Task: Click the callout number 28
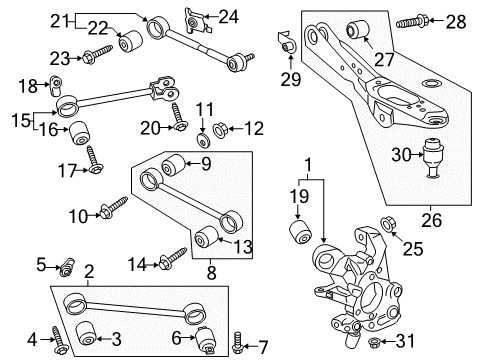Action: tap(456, 22)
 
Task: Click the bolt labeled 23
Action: tap(92, 57)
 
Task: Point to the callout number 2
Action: tap(88, 270)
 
